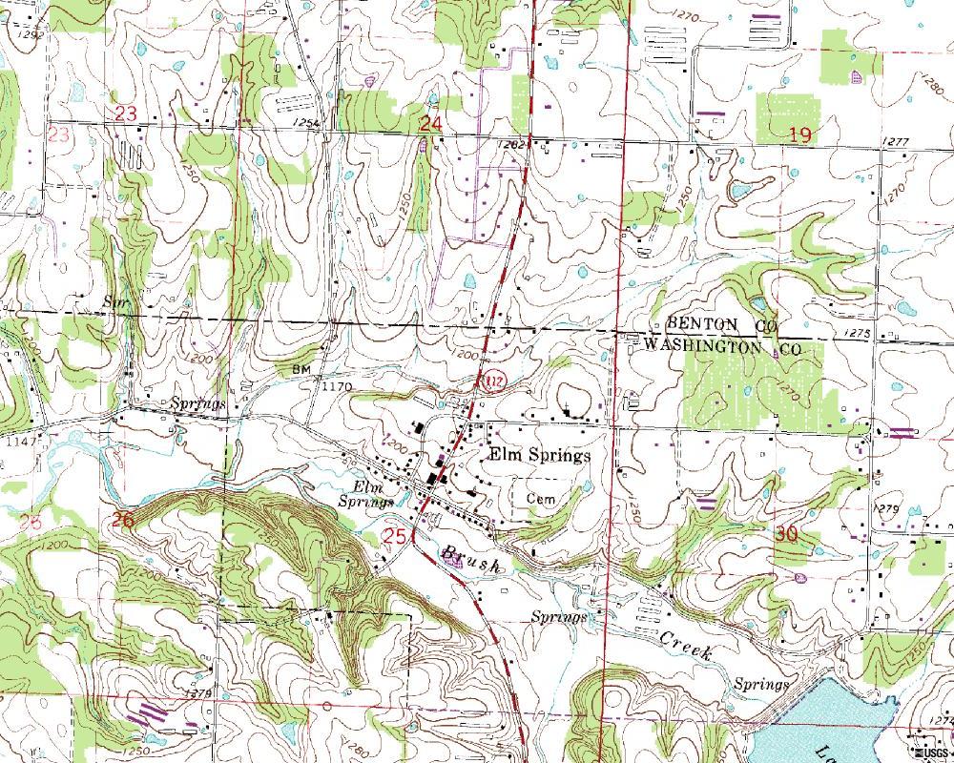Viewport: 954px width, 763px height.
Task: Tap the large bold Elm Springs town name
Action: coord(539,456)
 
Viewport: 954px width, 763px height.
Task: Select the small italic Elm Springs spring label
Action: coord(367,494)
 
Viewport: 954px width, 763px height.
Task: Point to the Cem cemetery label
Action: coord(540,498)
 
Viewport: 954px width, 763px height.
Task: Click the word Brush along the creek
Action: coord(470,559)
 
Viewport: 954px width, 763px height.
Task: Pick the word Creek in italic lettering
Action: coord(685,647)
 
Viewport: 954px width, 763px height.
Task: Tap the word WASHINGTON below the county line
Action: coord(703,348)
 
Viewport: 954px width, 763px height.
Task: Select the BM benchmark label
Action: coord(302,369)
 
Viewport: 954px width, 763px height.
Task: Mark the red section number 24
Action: coord(431,123)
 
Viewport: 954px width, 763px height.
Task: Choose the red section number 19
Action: coord(799,135)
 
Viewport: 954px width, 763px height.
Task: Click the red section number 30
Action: coord(786,535)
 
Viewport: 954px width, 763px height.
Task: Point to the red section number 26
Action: coord(122,520)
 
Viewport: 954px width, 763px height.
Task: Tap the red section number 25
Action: coord(395,536)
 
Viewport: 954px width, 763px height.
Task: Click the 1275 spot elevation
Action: coord(858,333)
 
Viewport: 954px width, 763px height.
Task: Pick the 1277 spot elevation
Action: coord(896,142)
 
